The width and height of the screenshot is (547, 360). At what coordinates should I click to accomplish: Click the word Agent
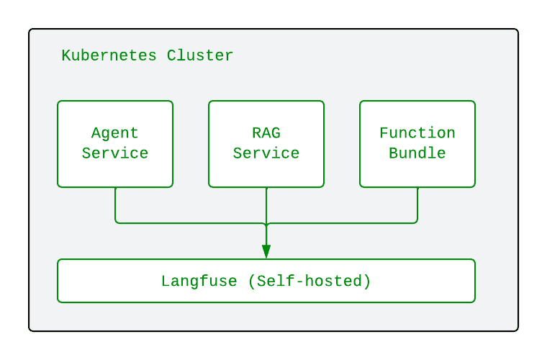point(115,133)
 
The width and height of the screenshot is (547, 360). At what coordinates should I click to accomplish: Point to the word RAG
point(266,133)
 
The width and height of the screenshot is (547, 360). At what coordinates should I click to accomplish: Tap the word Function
point(417,133)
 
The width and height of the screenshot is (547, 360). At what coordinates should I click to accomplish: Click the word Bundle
point(417,153)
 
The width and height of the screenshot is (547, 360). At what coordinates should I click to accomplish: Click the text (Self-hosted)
point(309,281)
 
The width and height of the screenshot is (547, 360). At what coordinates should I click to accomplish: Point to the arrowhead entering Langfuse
point(266,251)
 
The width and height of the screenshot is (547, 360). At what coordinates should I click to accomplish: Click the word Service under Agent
point(115,153)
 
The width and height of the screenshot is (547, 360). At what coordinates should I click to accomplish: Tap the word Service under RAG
point(266,153)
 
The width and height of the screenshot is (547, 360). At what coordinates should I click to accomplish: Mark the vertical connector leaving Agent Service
point(115,203)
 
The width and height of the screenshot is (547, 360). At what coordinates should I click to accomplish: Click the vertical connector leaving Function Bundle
point(417,203)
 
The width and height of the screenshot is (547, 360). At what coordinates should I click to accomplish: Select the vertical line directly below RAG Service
point(266,205)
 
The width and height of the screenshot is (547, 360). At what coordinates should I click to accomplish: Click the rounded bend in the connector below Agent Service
point(117,222)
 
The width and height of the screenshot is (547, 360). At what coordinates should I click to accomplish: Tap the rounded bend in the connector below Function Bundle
point(416,222)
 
